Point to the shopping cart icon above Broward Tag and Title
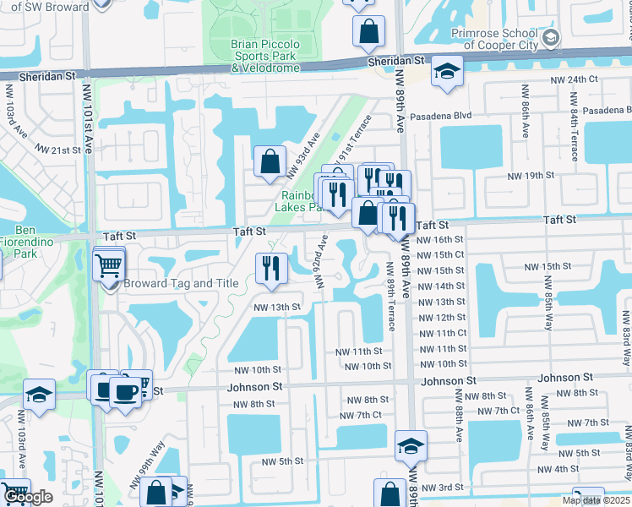click(x=110, y=266)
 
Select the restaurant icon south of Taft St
click(x=269, y=268)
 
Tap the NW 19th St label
click(x=530, y=176)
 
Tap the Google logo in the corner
click(x=28, y=498)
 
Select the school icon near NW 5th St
click(x=411, y=445)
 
